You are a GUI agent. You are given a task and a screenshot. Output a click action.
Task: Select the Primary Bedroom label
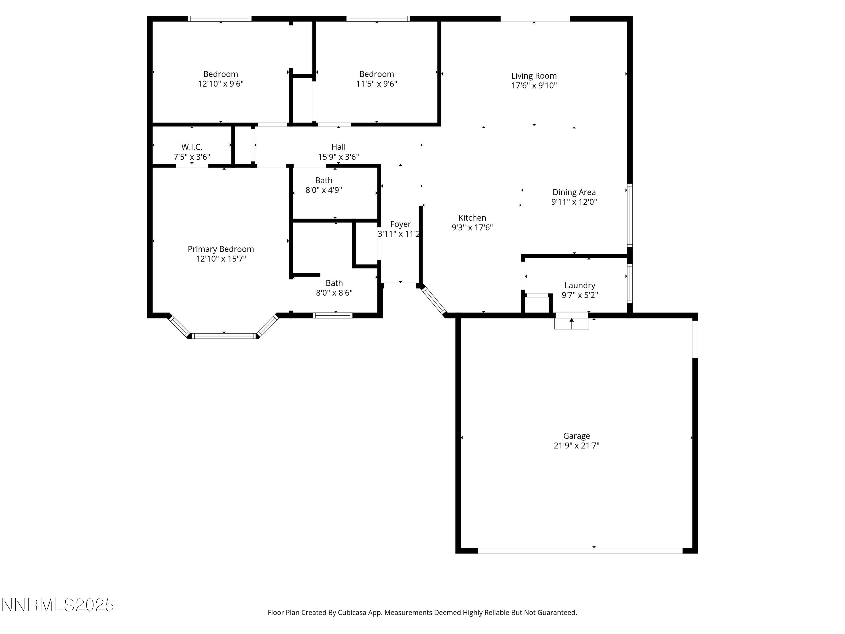pyautogui.click(x=221, y=249)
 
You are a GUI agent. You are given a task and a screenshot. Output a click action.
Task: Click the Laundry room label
pyautogui.click(x=579, y=285)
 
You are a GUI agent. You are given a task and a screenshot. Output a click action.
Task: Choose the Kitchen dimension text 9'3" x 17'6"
pyautogui.click(x=472, y=228)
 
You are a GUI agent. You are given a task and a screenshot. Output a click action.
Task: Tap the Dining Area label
pyautogui.click(x=574, y=192)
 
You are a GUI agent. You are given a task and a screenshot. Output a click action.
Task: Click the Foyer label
pyautogui.click(x=400, y=224)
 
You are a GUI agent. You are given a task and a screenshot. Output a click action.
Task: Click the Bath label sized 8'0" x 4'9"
pyautogui.click(x=324, y=180)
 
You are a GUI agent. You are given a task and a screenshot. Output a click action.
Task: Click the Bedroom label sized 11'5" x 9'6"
pyautogui.click(x=376, y=74)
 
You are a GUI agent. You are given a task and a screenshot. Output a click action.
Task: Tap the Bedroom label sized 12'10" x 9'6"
pyautogui.click(x=221, y=74)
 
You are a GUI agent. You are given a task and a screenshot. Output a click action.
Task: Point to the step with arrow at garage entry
pyautogui.click(x=571, y=323)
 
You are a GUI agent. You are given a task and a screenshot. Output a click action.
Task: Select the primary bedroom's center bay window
pyautogui.click(x=224, y=336)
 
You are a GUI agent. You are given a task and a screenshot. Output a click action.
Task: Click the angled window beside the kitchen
pyautogui.click(x=433, y=301)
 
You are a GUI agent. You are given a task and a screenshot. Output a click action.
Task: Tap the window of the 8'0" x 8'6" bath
pyautogui.click(x=332, y=315)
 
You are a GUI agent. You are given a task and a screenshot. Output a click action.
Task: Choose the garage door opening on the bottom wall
pyautogui.click(x=580, y=551)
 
